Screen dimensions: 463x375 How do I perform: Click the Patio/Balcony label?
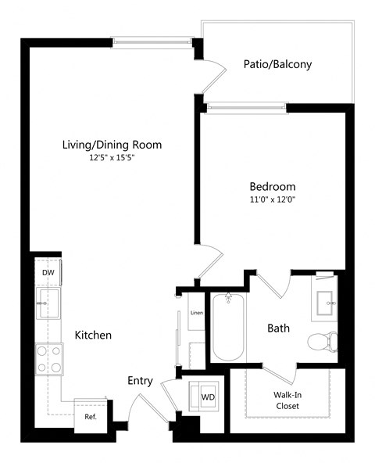(277, 64)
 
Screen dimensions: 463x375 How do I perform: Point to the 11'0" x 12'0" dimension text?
(272, 199)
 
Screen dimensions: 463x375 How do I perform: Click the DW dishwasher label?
(49, 272)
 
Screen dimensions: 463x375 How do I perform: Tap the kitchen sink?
(48, 302)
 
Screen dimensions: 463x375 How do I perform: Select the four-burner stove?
(48, 360)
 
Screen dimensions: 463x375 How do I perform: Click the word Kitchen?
(93, 335)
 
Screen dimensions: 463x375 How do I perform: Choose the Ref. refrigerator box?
(91, 416)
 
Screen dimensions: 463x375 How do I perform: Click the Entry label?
(140, 381)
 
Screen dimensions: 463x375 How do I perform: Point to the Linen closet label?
(197, 313)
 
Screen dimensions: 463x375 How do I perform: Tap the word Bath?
(278, 328)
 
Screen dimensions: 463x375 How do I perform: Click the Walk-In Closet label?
(287, 400)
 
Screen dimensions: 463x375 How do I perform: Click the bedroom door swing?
(209, 262)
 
